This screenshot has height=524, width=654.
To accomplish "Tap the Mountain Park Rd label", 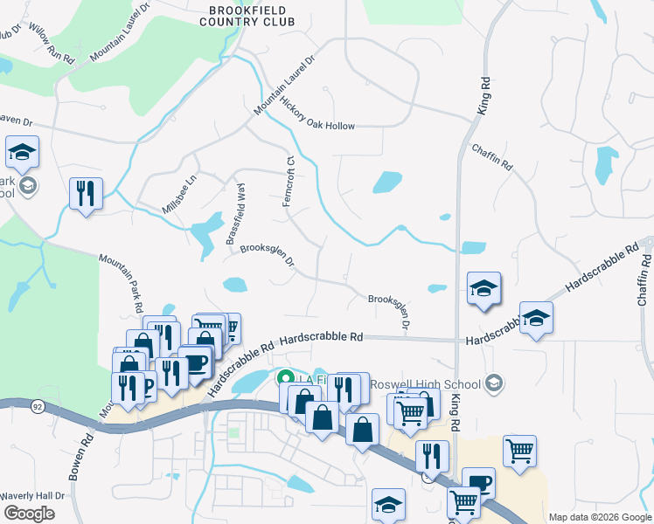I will [x=122, y=283].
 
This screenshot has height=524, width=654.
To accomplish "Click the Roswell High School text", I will [x=425, y=384].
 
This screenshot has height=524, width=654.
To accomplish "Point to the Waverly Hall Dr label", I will [x=32, y=495].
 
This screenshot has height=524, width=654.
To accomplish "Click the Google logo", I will [x=29, y=514].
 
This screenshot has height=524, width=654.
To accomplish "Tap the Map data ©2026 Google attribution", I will [x=601, y=517].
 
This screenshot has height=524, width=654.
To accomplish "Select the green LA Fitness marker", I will [x=284, y=379].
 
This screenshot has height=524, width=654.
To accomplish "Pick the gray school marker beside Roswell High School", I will [x=494, y=383].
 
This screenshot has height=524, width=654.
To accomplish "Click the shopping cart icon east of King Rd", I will [x=519, y=450].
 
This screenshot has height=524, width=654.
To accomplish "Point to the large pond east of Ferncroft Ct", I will [x=386, y=182].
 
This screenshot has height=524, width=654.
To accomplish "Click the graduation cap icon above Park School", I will [x=22, y=152].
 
